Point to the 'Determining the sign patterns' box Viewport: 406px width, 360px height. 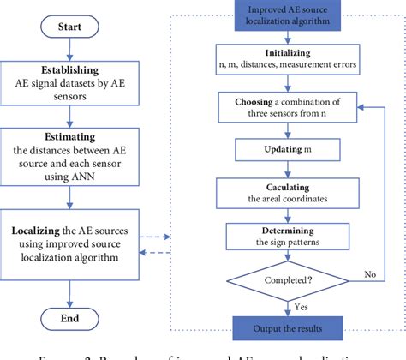[287, 235]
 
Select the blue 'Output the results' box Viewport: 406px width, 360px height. [287, 325]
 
